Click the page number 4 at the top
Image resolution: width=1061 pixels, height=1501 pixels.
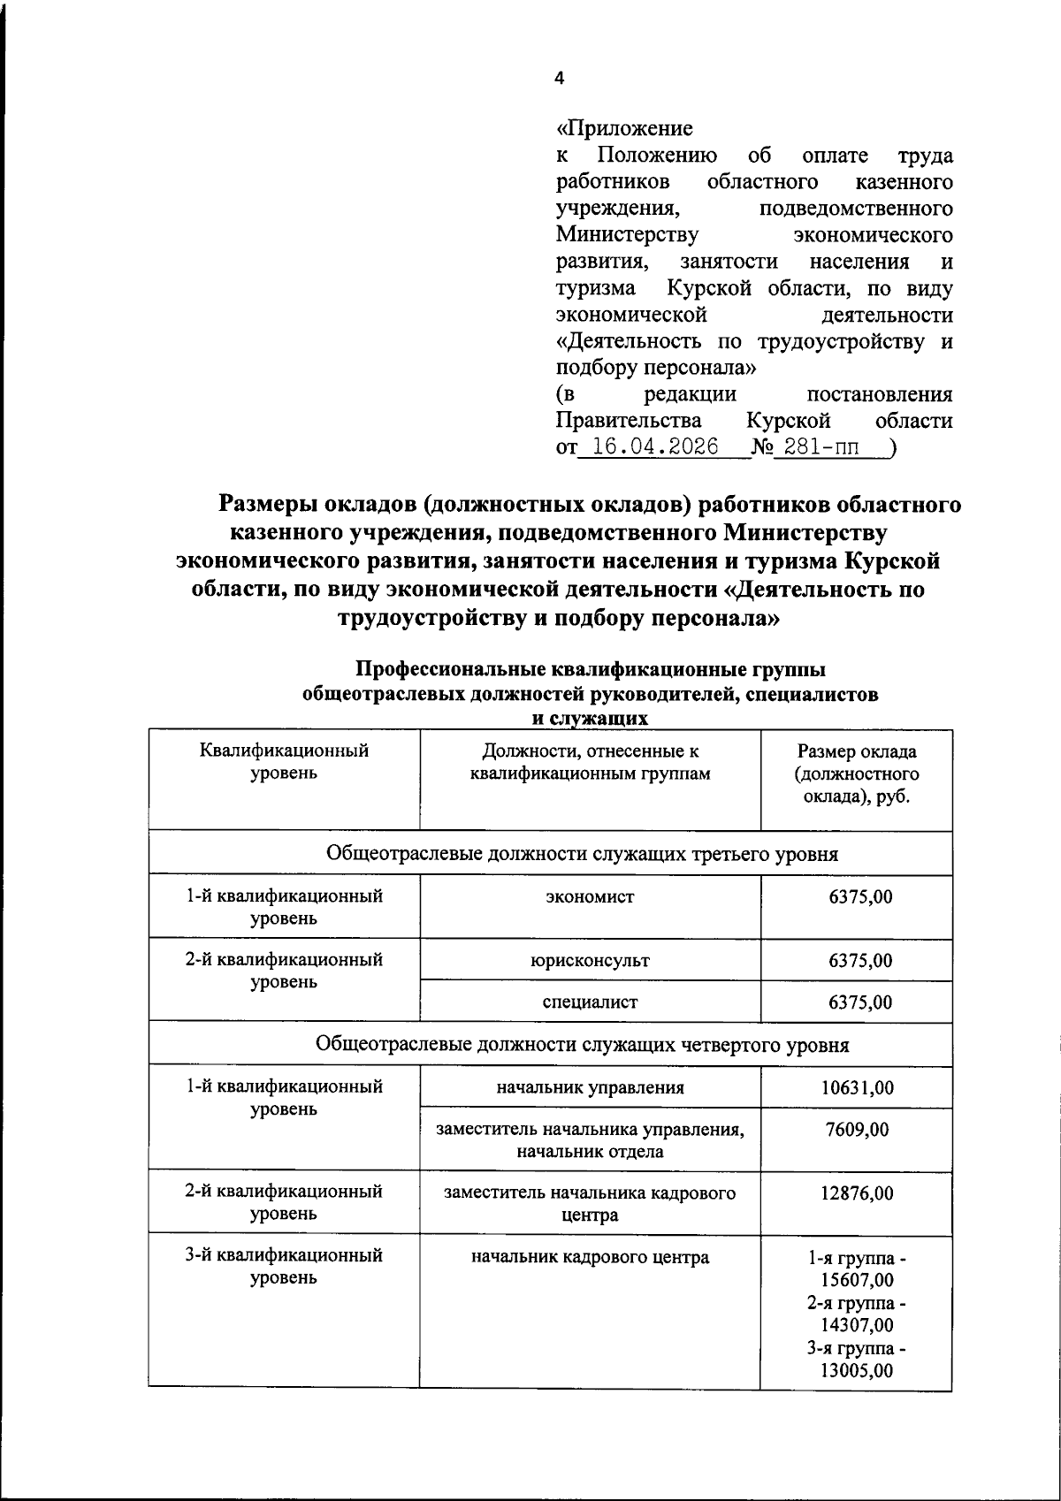(558, 79)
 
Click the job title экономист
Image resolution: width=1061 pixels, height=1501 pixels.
(590, 897)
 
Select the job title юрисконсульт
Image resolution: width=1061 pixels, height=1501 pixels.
(590, 961)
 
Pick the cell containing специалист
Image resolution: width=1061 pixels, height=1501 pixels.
(590, 1002)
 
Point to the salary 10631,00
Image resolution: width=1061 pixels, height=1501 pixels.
(857, 1088)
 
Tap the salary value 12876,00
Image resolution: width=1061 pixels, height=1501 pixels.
(857, 1193)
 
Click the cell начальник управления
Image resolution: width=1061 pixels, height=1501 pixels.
(590, 1088)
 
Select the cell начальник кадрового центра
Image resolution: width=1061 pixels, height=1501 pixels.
(590, 1257)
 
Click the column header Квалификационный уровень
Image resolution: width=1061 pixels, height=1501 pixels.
(284, 763)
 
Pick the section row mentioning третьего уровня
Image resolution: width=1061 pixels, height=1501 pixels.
(583, 855)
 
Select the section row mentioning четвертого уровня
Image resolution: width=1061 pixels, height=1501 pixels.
(583, 1046)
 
